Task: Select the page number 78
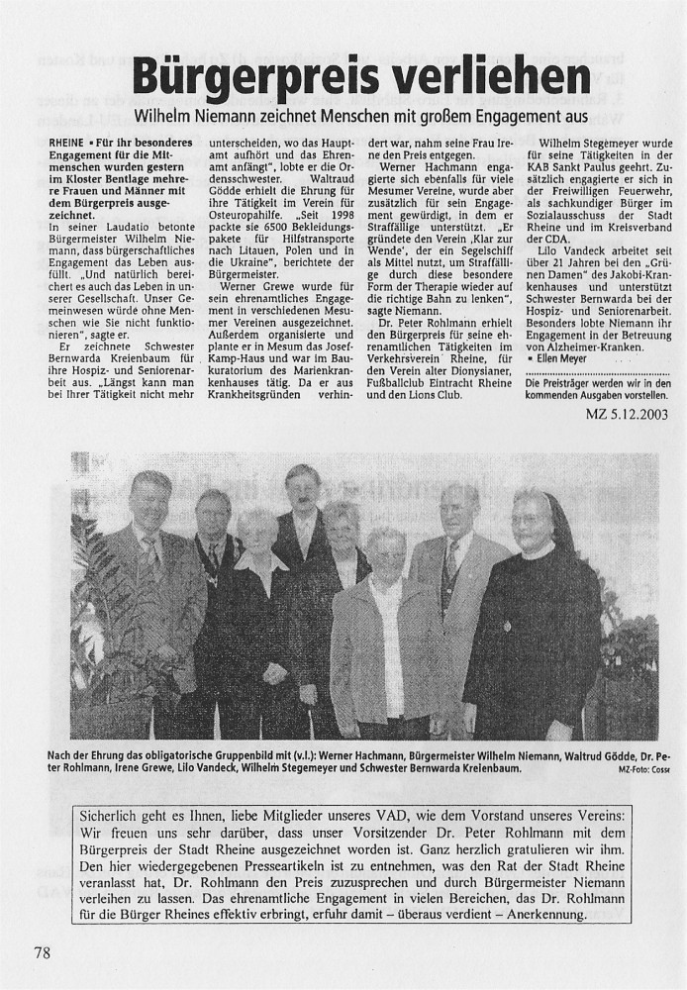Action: click(x=41, y=952)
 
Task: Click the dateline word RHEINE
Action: click(x=67, y=144)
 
